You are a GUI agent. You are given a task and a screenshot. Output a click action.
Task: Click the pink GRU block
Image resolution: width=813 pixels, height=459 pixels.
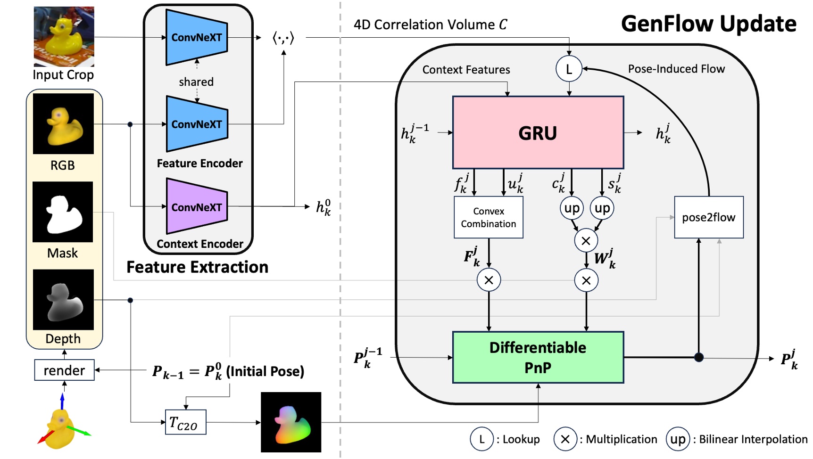click(x=538, y=133)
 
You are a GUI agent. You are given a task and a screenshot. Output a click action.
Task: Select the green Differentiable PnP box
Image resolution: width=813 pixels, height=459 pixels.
click(x=538, y=357)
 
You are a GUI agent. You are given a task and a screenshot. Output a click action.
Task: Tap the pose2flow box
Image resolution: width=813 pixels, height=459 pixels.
click(x=708, y=217)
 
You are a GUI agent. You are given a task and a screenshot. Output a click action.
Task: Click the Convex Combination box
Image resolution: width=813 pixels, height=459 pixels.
click(x=488, y=217)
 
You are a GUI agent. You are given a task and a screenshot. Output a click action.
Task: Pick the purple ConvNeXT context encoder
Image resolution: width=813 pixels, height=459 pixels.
click(x=196, y=206)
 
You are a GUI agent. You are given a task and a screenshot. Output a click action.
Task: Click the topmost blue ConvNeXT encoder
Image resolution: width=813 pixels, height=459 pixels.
click(x=196, y=37)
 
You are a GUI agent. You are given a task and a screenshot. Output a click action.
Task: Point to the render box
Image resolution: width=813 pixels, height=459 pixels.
click(x=64, y=370)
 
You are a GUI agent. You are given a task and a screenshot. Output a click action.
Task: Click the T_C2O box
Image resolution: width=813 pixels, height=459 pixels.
click(x=185, y=422)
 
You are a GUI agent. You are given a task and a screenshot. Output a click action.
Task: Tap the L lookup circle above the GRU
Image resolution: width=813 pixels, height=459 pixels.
click(x=569, y=69)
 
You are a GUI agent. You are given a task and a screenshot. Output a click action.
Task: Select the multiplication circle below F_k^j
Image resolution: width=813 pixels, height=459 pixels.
click(x=489, y=280)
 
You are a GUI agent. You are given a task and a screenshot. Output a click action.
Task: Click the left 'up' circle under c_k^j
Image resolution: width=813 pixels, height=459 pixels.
click(x=572, y=208)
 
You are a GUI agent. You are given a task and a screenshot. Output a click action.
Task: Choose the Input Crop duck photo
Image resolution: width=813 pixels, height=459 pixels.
click(x=64, y=36)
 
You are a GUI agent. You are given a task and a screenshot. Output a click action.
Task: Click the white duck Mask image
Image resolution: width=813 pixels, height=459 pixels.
click(x=63, y=212)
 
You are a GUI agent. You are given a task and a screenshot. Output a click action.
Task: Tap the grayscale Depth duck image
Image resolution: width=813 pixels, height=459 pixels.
click(x=63, y=300)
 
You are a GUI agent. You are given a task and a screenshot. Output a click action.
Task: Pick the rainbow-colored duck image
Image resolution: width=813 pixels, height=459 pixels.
click(x=291, y=422)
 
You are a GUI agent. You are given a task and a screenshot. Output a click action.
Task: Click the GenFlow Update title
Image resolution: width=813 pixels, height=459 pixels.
click(x=708, y=24)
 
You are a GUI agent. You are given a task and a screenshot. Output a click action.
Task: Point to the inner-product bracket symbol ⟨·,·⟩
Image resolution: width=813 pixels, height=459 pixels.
click(x=283, y=38)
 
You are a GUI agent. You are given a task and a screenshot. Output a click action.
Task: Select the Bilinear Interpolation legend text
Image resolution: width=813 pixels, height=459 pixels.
click(x=753, y=439)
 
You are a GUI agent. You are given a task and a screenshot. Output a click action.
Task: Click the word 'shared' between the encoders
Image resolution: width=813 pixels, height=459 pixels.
click(x=196, y=82)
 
